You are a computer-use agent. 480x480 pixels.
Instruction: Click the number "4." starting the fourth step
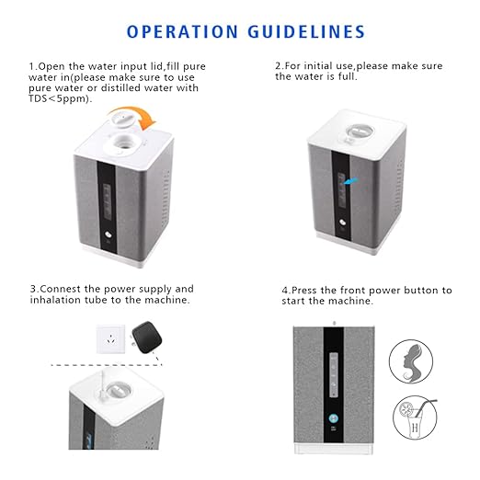tap(286, 290)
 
